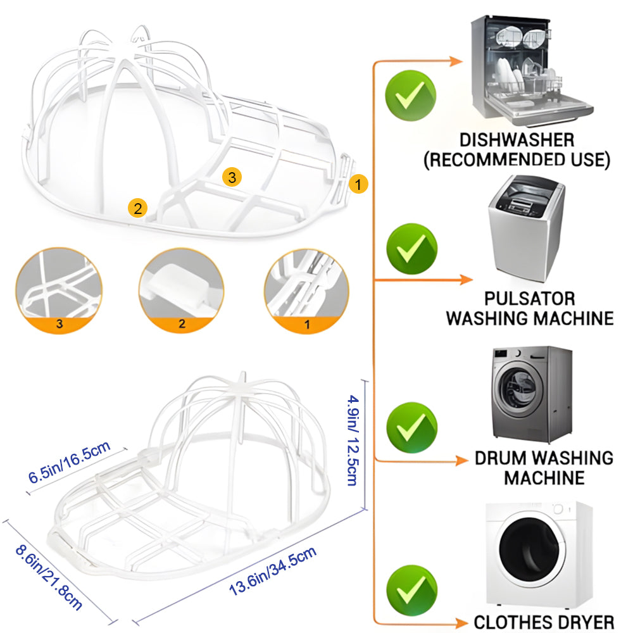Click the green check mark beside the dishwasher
(x=410, y=96)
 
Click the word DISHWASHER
(x=517, y=140)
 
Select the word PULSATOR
(x=530, y=299)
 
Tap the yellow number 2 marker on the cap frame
(x=138, y=207)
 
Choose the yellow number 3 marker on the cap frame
(x=232, y=178)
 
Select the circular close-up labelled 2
(x=182, y=291)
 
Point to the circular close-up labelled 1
(x=308, y=291)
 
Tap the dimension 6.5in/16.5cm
(x=70, y=463)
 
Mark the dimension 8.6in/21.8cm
(x=49, y=574)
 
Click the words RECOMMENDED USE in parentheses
(x=517, y=160)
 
